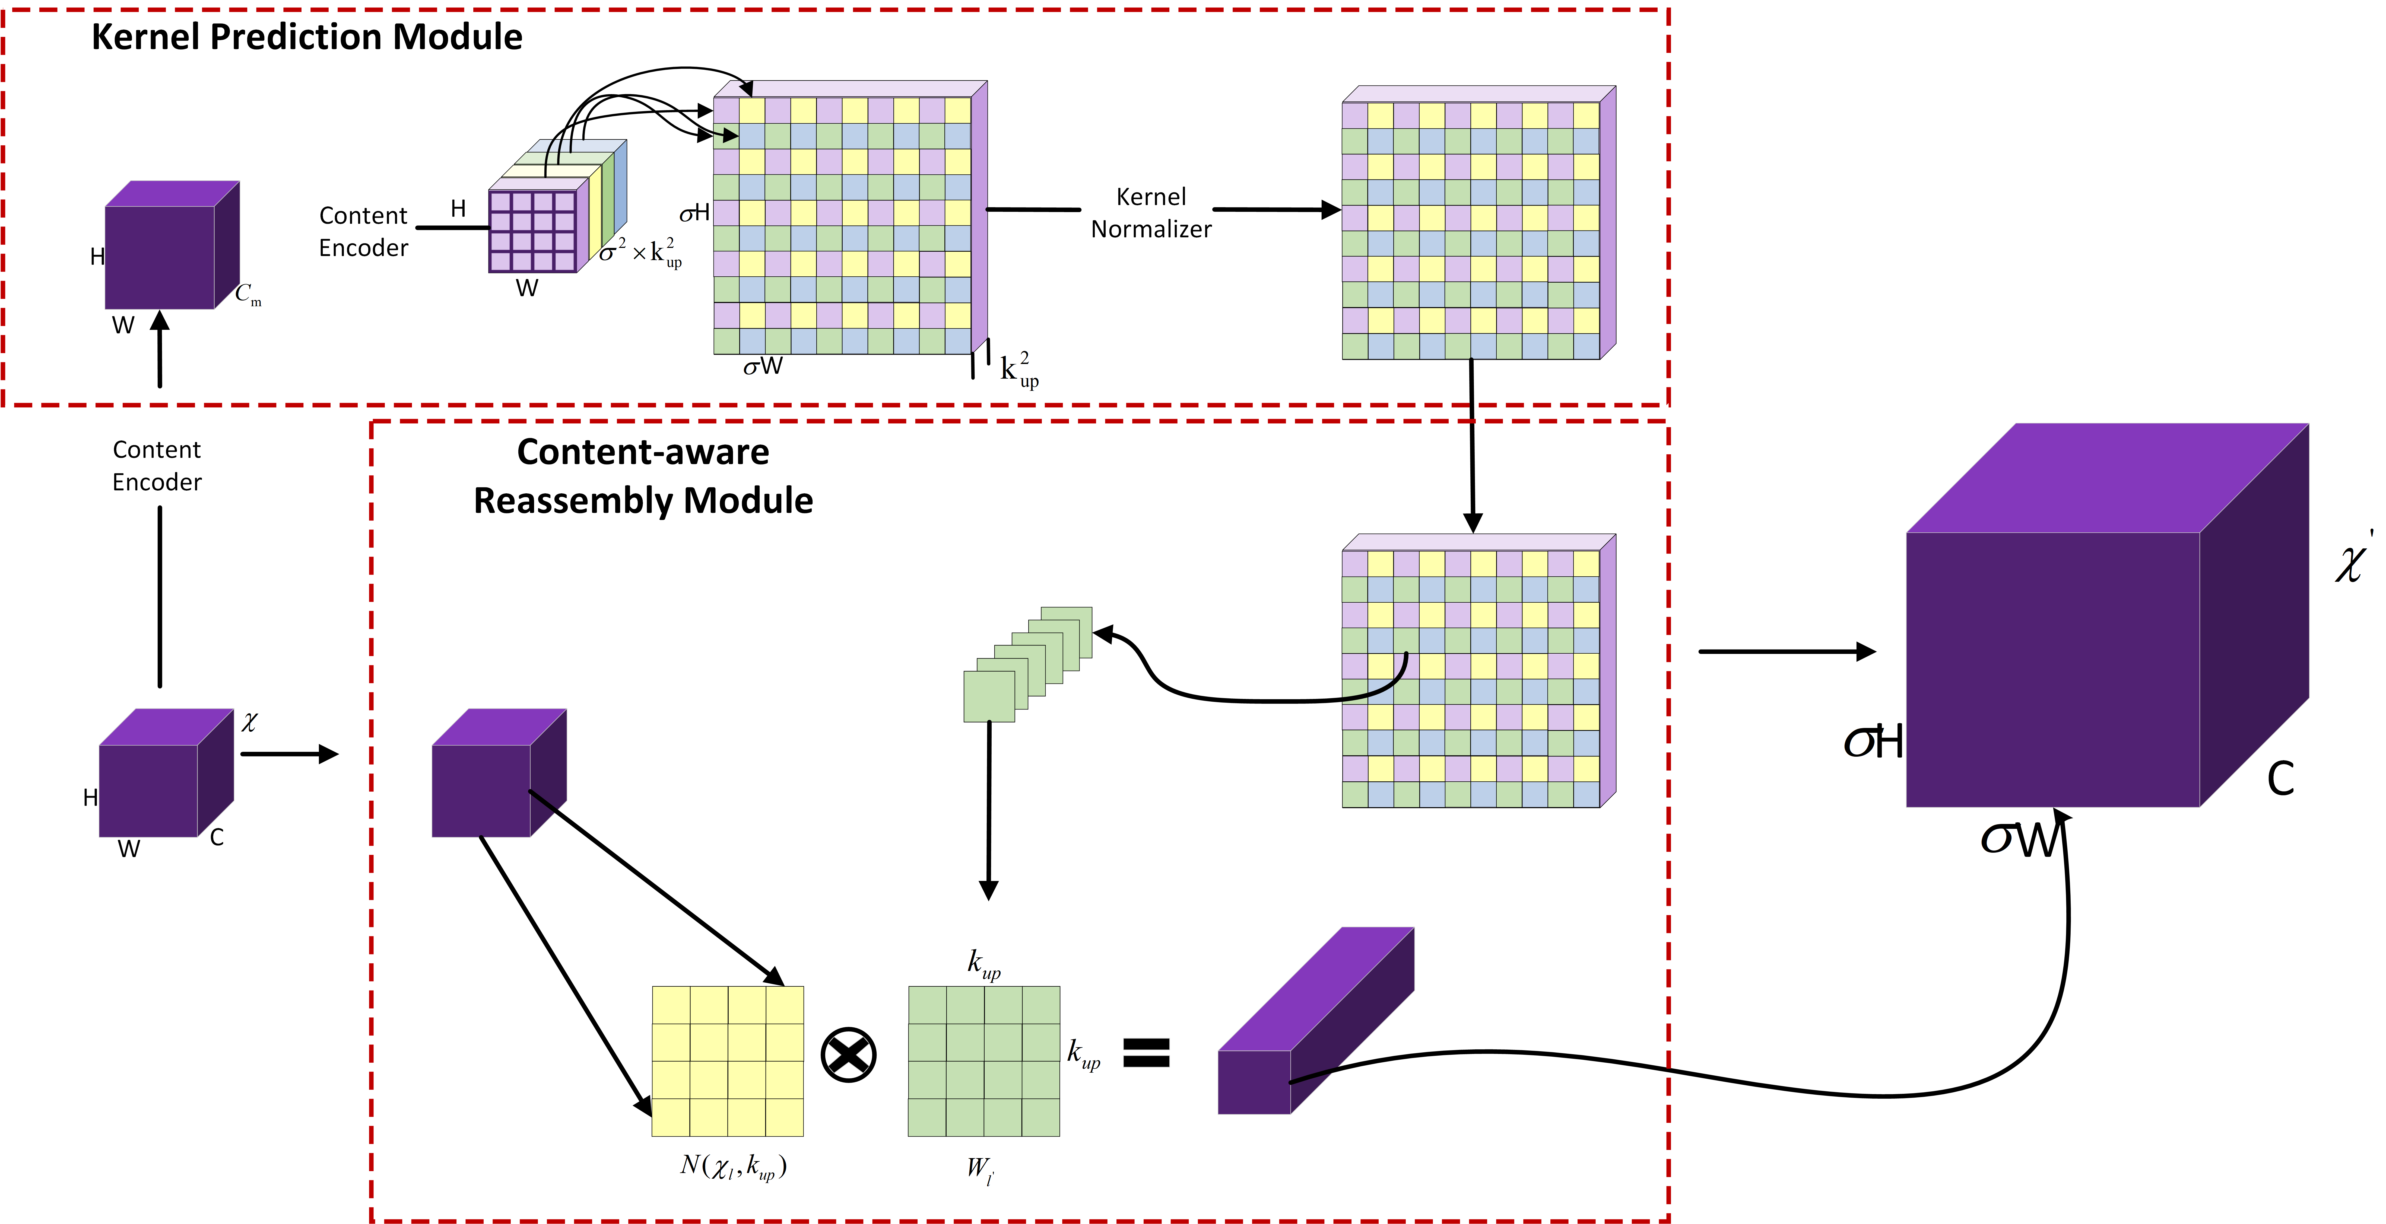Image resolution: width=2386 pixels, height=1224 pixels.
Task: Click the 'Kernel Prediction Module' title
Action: (x=307, y=37)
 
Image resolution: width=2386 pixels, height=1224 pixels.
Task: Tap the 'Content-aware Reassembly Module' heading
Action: (x=643, y=476)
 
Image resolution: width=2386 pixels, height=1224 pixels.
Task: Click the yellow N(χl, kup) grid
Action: (x=728, y=1061)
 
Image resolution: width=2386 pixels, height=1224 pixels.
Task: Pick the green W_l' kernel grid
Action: (x=984, y=1061)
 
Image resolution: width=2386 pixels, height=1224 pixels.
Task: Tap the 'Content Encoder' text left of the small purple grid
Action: (x=363, y=231)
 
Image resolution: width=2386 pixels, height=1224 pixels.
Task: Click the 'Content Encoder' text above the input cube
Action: (x=157, y=466)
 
